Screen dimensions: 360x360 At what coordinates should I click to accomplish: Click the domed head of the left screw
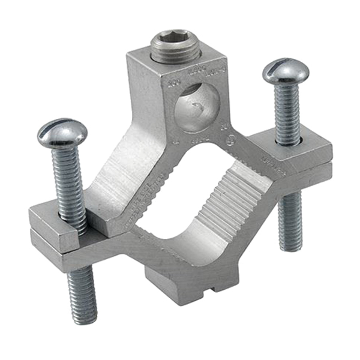[62, 133]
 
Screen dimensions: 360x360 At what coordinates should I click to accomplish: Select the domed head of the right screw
[286, 71]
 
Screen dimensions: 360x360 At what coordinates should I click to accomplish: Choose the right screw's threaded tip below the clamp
[290, 222]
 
